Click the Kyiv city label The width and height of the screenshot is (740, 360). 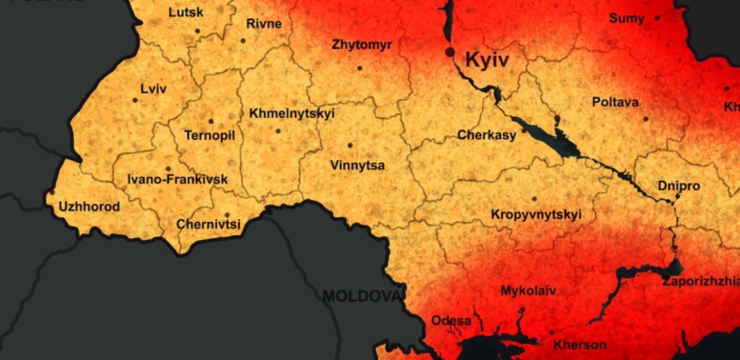487,60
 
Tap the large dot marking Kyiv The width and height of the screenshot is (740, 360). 450,52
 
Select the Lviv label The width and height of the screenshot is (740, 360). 153,89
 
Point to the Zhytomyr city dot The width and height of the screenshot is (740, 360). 359,68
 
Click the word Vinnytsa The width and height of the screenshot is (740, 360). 357,165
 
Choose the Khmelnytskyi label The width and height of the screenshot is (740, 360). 292,113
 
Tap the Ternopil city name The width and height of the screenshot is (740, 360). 209,136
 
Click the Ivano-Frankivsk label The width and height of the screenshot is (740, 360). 177,179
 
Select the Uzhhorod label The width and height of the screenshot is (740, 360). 89,207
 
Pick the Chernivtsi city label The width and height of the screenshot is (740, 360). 208,224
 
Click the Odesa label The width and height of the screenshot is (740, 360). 451,321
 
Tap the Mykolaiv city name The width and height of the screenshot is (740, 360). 528,291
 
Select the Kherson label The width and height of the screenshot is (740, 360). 580,345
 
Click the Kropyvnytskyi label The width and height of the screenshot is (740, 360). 536,215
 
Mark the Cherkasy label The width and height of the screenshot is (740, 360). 486,135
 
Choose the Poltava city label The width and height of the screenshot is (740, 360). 615,102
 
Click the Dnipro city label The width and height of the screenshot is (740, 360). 679,186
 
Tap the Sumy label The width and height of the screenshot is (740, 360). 627,19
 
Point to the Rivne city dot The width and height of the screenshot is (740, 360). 243,41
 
